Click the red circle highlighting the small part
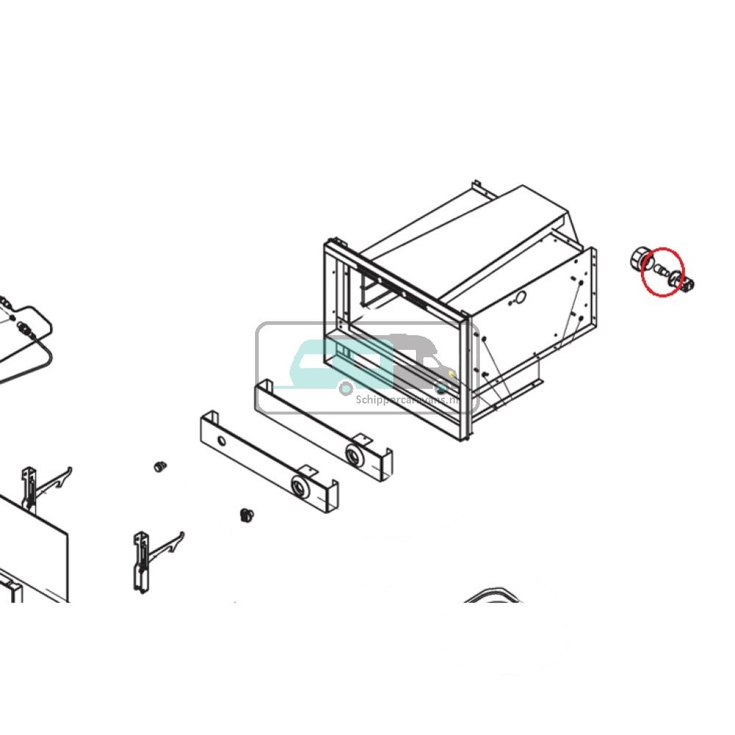(662, 271)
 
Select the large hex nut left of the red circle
(639, 260)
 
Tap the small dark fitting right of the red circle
(689, 285)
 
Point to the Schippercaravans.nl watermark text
(416, 400)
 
